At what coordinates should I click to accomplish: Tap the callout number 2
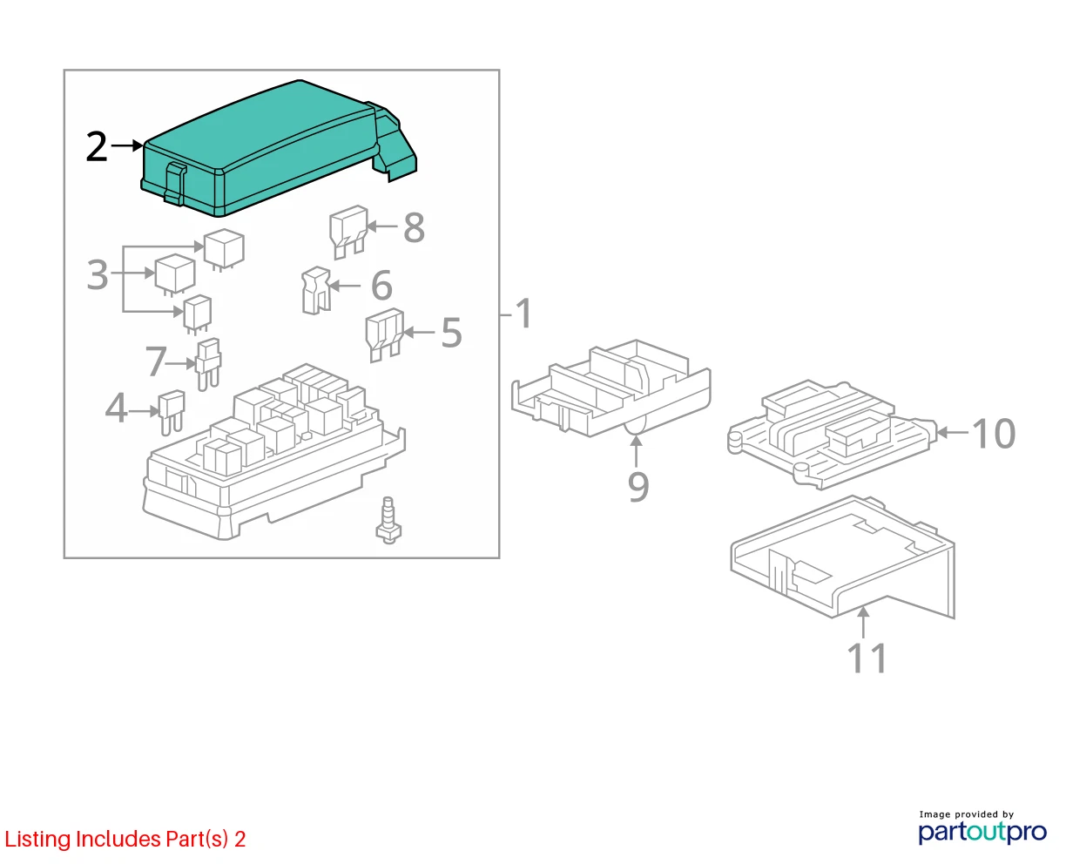97,146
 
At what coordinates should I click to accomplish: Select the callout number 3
97,274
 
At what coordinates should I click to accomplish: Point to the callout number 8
414,227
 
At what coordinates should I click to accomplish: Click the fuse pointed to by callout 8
347,232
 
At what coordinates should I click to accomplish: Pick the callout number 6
381,286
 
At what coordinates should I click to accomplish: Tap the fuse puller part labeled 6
316,290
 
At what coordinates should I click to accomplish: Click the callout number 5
451,333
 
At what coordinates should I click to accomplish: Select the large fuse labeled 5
384,334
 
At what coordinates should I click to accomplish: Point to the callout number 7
155,361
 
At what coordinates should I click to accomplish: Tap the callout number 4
116,408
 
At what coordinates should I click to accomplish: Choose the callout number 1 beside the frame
524,314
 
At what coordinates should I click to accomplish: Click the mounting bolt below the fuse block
388,520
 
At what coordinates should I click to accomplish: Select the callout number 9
638,486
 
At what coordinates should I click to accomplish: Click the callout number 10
994,433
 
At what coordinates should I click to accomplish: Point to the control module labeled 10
832,434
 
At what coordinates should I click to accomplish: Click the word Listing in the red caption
38,840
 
